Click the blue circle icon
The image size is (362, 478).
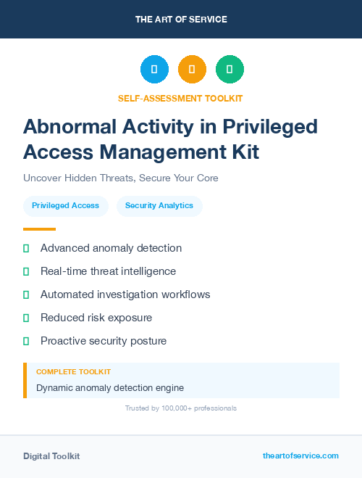pos(154,69)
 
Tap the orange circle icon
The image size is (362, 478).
pos(192,69)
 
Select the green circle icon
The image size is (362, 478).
pos(230,69)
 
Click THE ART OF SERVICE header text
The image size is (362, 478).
pos(181,20)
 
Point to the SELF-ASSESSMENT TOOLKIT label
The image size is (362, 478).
pos(180,98)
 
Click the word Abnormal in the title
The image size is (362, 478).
pos(67,127)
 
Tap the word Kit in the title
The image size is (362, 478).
pos(243,152)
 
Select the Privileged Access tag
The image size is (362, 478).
pos(66,205)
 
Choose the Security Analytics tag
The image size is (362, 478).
pos(159,205)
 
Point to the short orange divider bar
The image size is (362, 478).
pos(39,229)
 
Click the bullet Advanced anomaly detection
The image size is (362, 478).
pos(111,248)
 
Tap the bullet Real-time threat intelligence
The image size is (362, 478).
pos(108,271)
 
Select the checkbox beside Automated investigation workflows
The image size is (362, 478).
pos(26,294)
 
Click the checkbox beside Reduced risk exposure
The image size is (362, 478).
pos(26,318)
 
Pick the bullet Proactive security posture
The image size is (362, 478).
pos(104,341)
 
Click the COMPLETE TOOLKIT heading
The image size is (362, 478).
pos(68,371)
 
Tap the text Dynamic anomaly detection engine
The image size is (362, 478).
pos(110,388)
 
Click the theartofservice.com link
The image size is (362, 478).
pos(300,456)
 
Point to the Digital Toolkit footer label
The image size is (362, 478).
pos(51,456)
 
